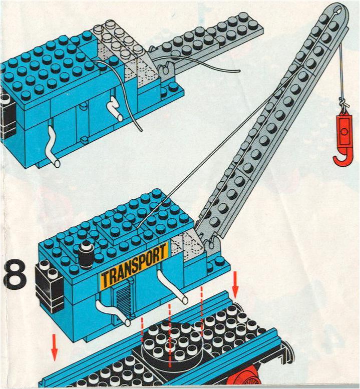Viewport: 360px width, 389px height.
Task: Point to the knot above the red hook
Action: point(343,103)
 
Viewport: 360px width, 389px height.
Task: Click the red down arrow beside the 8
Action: point(55,347)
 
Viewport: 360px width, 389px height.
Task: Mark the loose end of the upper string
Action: point(239,71)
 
